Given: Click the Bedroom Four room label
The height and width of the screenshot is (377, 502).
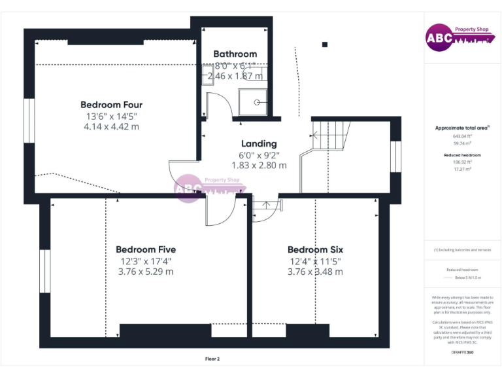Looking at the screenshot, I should [111, 105].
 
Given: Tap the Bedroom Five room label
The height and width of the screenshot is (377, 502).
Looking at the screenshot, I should [146, 249].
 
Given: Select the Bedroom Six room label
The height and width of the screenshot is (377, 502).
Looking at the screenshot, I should [315, 249].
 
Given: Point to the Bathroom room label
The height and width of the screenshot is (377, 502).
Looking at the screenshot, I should [235, 54].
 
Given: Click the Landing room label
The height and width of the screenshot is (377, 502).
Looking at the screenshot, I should [259, 143].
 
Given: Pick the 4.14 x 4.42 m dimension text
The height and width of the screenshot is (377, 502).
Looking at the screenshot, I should [111, 126].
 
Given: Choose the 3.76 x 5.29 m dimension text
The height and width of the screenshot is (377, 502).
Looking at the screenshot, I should [146, 272].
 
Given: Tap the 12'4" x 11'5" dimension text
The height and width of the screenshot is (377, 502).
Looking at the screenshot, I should [315, 261].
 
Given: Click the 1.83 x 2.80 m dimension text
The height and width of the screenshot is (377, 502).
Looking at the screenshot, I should [259, 166].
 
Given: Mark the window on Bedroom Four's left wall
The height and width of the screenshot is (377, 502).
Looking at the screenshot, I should [29, 119].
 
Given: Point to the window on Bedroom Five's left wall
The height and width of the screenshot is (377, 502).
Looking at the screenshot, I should [44, 271].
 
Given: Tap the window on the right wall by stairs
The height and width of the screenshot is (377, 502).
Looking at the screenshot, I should [395, 156].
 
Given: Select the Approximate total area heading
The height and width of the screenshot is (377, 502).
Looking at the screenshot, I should [462, 128].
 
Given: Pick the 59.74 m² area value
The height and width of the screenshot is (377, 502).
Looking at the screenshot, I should [462, 142].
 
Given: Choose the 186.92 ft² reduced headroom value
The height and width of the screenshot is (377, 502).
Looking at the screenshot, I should [462, 162].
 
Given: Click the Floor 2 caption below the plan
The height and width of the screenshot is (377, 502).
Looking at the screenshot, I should [212, 359].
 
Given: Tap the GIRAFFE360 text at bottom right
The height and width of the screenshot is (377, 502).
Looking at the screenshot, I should [462, 353].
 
